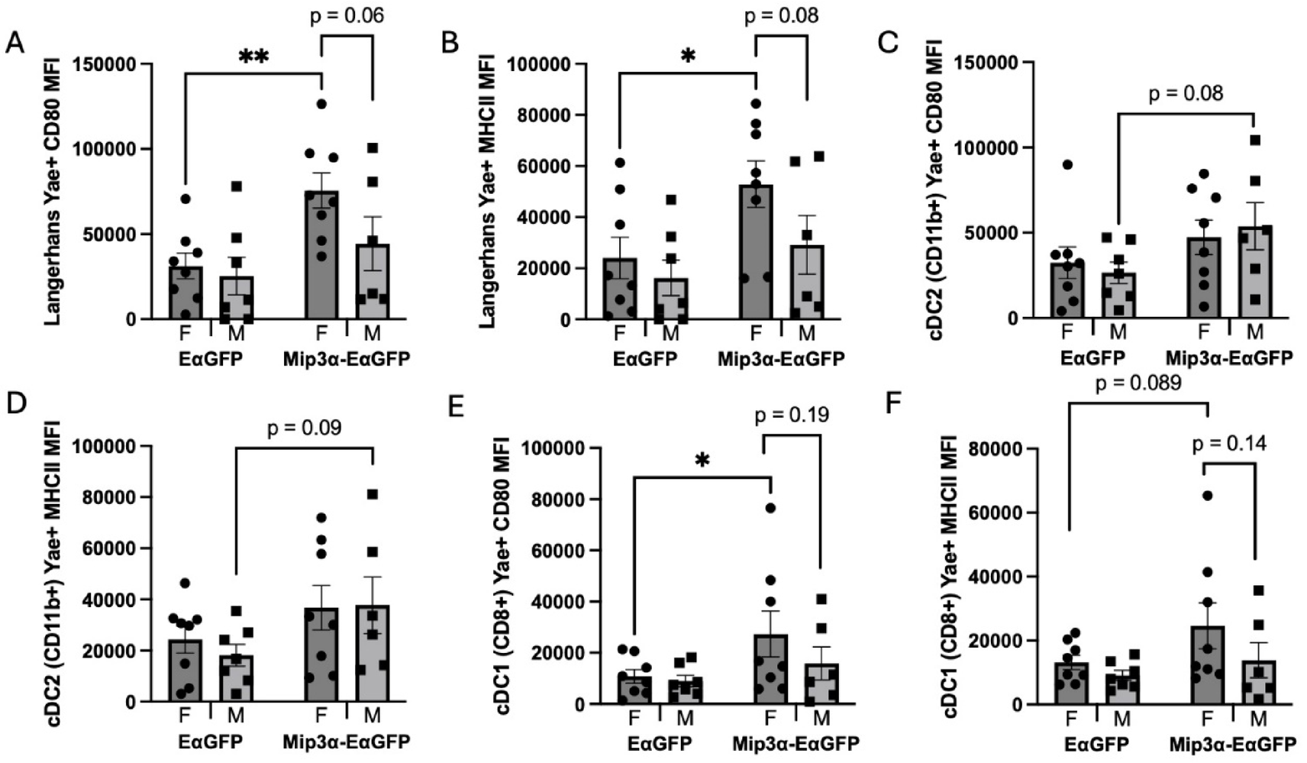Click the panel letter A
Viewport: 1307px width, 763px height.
(15, 43)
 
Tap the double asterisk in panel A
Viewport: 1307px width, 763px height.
(253, 57)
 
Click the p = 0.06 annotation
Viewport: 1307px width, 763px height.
(347, 16)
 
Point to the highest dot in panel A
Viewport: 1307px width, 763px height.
(321, 104)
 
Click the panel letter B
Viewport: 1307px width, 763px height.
(450, 43)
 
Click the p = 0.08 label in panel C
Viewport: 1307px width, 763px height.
(1186, 94)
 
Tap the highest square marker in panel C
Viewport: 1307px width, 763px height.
(1254, 140)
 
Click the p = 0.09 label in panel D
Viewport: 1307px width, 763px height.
(304, 428)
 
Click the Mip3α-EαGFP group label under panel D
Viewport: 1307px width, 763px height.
(346, 742)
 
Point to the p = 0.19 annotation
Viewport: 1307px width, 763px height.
(792, 415)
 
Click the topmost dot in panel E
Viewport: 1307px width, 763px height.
(771, 509)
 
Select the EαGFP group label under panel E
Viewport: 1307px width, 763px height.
(660, 743)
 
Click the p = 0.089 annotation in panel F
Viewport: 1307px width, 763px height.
(1138, 383)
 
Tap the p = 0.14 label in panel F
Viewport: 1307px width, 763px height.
(1229, 443)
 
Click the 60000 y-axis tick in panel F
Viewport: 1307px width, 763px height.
(996, 512)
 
